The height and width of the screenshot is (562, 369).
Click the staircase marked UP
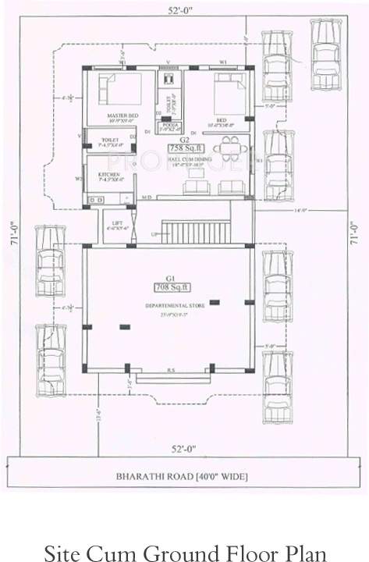pos(200,232)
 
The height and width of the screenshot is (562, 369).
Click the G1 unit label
pos(166,277)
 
